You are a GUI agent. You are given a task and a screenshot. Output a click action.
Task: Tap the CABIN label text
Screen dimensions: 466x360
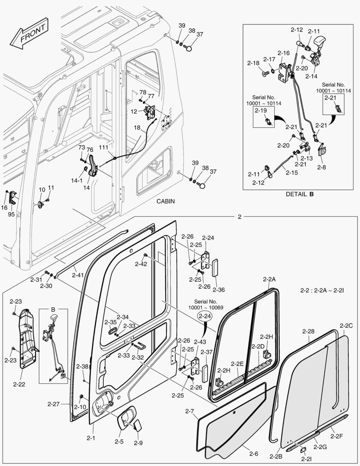coord(166,201)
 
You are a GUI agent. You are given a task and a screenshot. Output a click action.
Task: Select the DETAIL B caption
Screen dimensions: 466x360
coord(300,194)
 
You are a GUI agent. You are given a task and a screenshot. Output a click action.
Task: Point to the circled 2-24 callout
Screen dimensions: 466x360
coord(206,316)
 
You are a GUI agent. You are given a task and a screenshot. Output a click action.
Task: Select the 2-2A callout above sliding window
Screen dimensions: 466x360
coord(269,280)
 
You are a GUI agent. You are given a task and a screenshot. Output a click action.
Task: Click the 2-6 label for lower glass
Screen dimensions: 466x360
coord(254,453)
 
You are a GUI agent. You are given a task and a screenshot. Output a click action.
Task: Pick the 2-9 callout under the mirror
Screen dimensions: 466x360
coord(138,443)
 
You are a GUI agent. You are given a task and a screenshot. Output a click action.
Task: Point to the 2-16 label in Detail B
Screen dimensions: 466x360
coord(283,53)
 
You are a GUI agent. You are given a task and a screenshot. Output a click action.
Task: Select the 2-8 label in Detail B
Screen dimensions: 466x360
coord(322,167)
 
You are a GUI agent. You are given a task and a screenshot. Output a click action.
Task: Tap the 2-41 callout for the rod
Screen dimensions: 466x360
coord(78,275)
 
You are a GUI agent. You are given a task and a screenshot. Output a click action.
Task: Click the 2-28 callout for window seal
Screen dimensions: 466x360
coord(308,331)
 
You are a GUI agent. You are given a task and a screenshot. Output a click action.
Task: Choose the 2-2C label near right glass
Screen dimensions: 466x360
coord(346,325)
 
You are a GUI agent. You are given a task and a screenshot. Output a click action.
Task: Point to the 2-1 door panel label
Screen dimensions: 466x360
coord(91,438)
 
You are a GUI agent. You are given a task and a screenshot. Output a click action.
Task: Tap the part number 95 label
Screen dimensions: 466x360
coord(11,214)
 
